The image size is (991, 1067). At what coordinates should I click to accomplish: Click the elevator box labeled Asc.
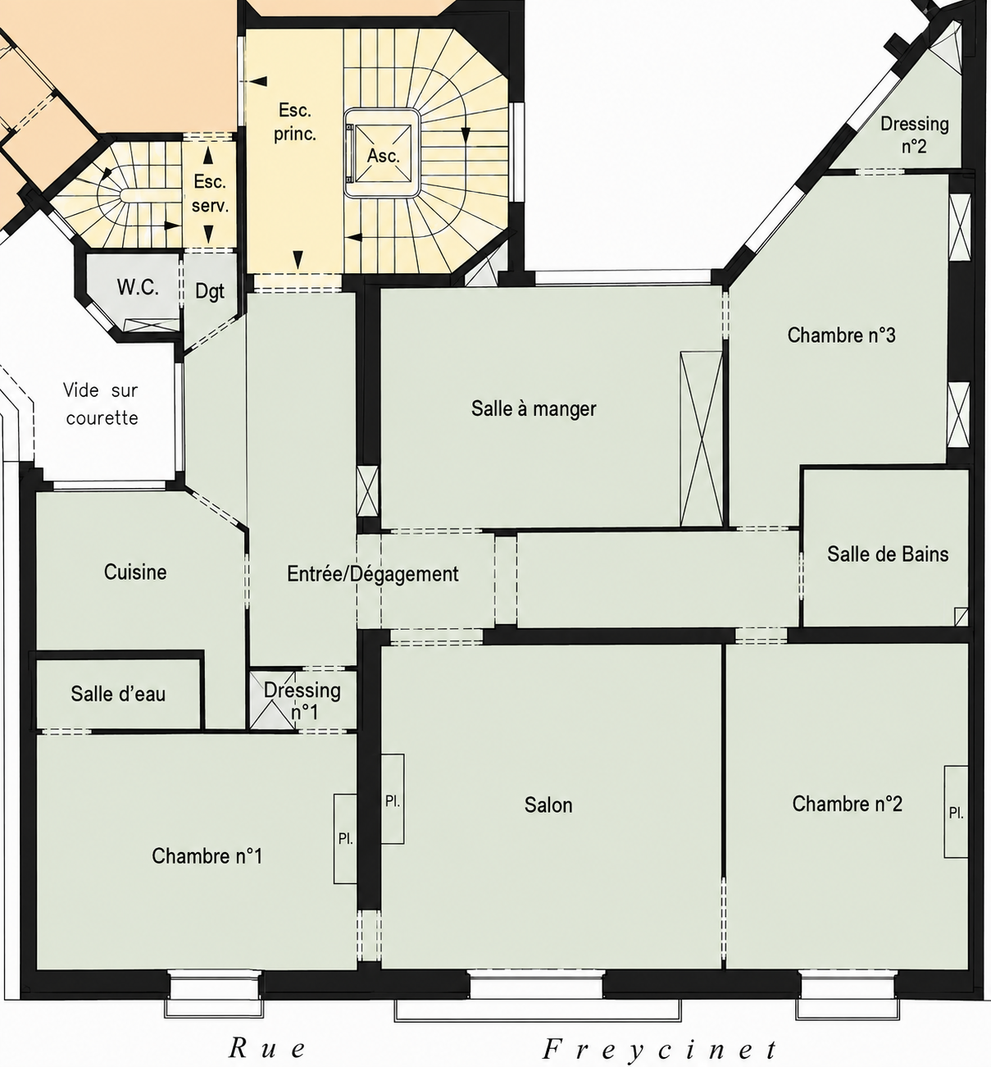(383, 153)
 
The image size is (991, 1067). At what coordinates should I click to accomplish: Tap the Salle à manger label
(534, 409)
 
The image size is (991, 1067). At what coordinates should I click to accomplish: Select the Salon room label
(548, 805)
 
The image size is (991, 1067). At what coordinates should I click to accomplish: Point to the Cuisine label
(135, 572)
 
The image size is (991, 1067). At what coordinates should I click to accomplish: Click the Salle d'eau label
(118, 694)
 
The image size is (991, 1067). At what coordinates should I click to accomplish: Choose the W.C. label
(138, 287)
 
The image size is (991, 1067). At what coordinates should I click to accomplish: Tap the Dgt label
(210, 291)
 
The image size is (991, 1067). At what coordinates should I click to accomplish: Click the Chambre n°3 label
(841, 335)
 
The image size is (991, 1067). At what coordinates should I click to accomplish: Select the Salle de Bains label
(888, 554)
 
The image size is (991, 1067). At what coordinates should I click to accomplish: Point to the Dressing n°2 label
(914, 135)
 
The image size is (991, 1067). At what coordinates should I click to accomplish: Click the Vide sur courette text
(102, 404)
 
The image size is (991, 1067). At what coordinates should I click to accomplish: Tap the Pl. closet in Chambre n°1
(345, 839)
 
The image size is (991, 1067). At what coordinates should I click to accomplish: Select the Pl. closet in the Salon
(393, 799)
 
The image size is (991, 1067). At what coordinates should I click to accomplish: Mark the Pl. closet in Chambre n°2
(956, 811)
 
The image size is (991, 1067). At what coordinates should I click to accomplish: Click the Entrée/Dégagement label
(373, 574)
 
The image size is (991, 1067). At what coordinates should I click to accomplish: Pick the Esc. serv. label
(210, 194)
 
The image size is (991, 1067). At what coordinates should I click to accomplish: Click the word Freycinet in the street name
(660, 1048)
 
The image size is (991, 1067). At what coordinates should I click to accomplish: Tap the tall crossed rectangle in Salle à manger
(702, 439)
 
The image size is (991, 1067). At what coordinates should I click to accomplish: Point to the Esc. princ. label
(295, 122)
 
